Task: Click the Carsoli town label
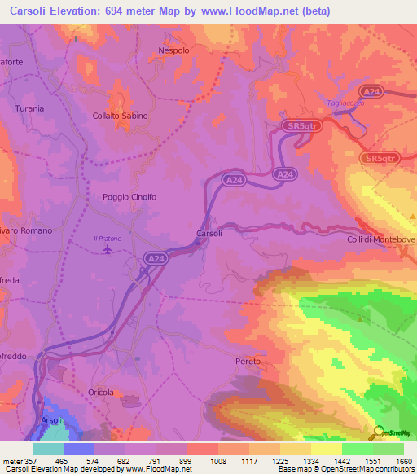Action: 209,234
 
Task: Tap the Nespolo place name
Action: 173,50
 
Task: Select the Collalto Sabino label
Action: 120,116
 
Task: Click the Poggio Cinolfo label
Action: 129,197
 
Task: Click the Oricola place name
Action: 102,392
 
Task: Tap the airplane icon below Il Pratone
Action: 108,248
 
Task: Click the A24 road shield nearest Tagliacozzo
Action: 372,92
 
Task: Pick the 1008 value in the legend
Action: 217,461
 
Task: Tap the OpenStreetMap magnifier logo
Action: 377,432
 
